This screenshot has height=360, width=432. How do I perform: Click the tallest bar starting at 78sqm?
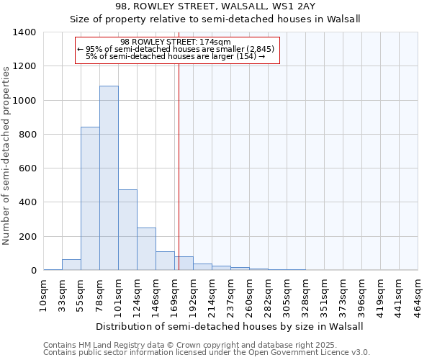click(x=109, y=178)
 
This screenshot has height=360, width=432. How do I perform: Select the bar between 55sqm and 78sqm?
click(x=90, y=198)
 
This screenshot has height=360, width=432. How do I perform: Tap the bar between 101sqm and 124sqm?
click(x=127, y=230)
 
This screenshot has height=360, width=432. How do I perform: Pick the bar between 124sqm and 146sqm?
click(x=146, y=249)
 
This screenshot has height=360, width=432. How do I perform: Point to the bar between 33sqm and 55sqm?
click(x=71, y=265)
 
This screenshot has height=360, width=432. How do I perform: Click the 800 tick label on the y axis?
click(x=27, y=135)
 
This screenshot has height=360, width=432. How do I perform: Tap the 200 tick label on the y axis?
click(x=27, y=237)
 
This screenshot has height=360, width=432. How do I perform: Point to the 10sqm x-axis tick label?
click(x=43, y=293)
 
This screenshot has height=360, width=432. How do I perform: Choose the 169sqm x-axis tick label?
click(x=174, y=293)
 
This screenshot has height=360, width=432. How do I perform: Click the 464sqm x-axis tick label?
click(x=418, y=293)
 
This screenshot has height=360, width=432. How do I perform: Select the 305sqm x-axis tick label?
click(x=287, y=293)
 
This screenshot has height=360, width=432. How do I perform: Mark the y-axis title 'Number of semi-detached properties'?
click(x=7, y=155)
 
